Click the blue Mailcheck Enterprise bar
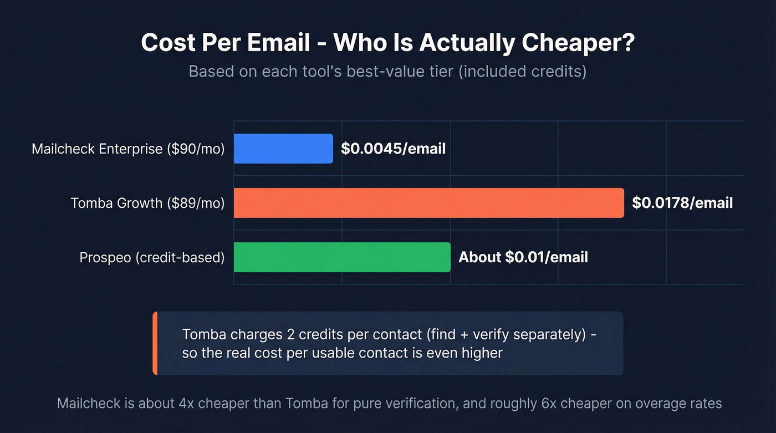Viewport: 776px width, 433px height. pos(283,149)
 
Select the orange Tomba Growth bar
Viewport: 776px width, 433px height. pos(428,203)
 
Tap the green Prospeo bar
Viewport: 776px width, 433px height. pos(342,257)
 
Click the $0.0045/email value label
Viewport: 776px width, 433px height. pos(393,149)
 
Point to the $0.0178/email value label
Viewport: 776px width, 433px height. pos(682,203)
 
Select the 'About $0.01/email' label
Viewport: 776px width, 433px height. pos(523,257)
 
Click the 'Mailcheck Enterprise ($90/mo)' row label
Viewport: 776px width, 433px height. pos(128,149)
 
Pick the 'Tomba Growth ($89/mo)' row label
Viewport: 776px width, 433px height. pos(147,203)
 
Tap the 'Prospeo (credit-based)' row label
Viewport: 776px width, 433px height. pos(152,257)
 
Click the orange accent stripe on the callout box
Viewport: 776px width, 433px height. pos(155,343)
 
